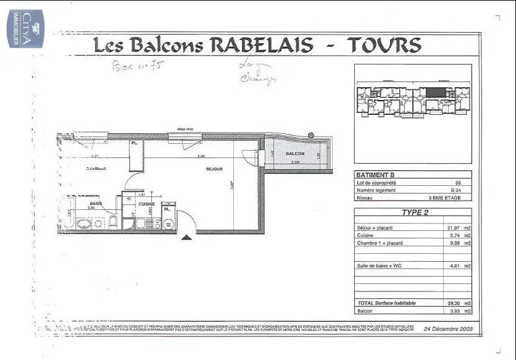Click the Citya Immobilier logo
pyautogui.click(x=25, y=28)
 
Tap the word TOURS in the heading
pyautogui.click(x=383, y=45)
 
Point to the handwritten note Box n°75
pyautogui.click(x=129, y=65)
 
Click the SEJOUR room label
pyautogui.click(x=214, y=169)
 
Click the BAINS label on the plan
pyautogui.click(x=95, y=203)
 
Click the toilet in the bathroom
pyautogui.click(x=112, y=222)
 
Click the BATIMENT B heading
pyautogui.click(x=375, y=175)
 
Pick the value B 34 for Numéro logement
pyautogui.click(x=458, y=191)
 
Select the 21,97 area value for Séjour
pyautogui.click(x=454, y=228)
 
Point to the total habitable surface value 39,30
pyautogui.click(x=454, y=303)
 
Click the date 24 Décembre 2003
pyautogui.click(x=448, y=329)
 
